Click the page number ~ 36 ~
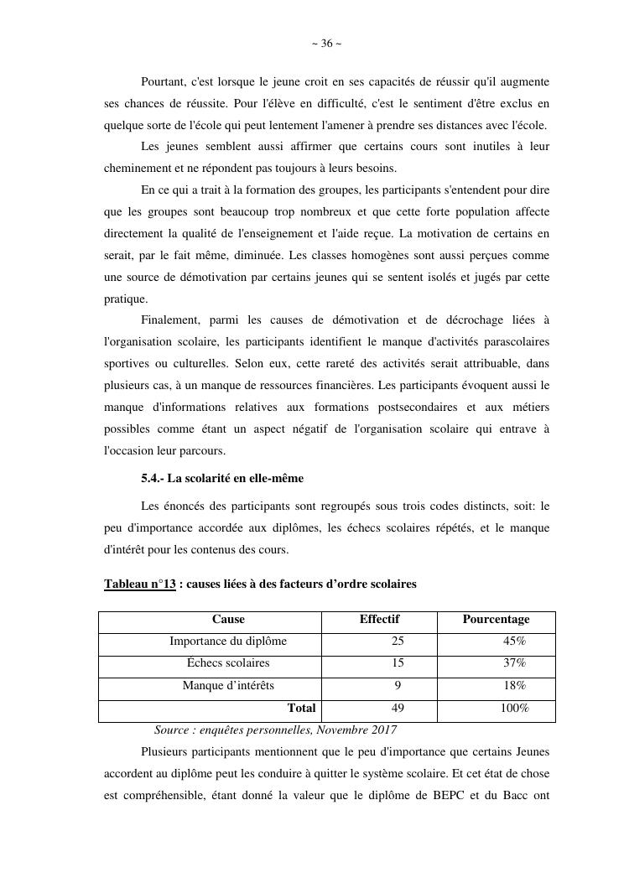(326, 44)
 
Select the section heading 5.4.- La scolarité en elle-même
(222, 478)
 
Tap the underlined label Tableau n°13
(140, 584)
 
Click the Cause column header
(228, 620)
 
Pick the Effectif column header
(379, 620)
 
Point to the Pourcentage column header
(496, 620)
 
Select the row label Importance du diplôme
(228, 641)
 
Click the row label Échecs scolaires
(228, 663)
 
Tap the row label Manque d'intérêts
(228, 685)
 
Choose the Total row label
(301, 708)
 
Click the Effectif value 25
(398, 641)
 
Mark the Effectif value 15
(398, 663)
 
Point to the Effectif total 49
(398, 708)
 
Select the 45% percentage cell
(514, 641)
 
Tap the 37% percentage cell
(514, 663)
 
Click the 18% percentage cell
(514, 685)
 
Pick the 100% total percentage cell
(514, 708)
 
